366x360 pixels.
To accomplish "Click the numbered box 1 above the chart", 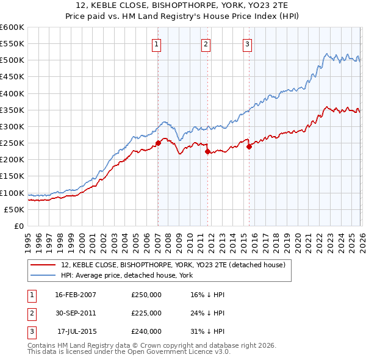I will click(157, 44).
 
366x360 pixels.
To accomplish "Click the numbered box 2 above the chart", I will click(206, 44).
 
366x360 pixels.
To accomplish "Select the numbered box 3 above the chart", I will click(247, 44).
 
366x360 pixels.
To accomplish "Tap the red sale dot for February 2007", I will click(158, 143).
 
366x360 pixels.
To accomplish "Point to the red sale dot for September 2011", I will click(207, 151).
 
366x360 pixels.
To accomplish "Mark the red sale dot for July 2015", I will click(248, 146).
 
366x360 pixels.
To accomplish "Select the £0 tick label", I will click(18, 226).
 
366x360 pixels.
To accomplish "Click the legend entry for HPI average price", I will click(127, 276).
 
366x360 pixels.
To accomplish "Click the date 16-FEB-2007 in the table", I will click(76, 295).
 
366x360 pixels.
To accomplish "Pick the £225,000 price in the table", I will click(146, 313).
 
